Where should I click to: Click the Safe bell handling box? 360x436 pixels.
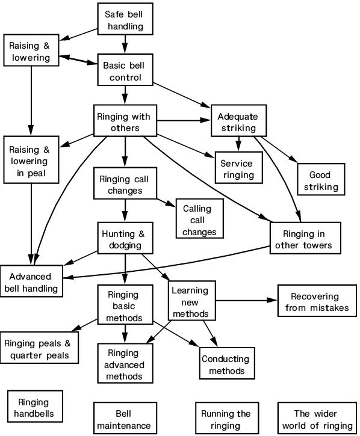(x=125, y=19)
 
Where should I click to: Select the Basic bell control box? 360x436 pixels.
(x=125, y=70)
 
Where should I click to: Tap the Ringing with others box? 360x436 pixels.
(x=125, y=120)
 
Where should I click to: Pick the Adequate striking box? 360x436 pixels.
(x=238, y=120)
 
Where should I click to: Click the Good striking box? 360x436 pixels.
(x=321, y=179)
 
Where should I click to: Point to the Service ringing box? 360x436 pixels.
(x=238, y=167)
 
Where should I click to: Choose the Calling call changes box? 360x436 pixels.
(x=199, y=218)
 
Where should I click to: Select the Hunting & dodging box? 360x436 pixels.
(x=125, y=238)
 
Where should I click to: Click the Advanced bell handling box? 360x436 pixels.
(x=31, y=281)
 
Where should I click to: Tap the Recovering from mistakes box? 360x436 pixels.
(x=317, y=301)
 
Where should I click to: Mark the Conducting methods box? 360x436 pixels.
(x=227, y=363)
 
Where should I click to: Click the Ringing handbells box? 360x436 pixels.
(x=35, y=407)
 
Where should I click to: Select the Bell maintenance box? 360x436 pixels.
(x=125, y=418)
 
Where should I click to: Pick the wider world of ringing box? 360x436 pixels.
(x=317, y=418)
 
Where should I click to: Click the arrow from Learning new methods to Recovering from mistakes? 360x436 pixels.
(x=246, y=300)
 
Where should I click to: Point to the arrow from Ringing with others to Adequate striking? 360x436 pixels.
(x=184, y=120)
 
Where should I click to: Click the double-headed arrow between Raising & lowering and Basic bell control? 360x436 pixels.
(x=78, y=60)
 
